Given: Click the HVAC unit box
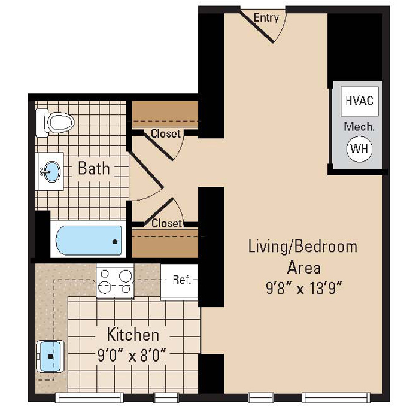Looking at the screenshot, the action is [359, 101].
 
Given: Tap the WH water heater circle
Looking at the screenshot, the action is [359, 149].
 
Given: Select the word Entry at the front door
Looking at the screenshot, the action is [266, 18].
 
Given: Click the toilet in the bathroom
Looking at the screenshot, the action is [55, 123].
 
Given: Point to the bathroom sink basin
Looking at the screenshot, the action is [51, 172].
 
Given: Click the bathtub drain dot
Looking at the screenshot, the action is [115, 242].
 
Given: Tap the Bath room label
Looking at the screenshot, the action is [94, 169].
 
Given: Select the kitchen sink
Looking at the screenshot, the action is [50, 356].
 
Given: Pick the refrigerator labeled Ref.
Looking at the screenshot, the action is [180, 281].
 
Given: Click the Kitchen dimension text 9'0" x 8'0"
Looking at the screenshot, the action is [132, 356].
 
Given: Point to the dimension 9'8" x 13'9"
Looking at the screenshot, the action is [304, 289].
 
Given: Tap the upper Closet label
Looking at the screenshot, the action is [166, 133].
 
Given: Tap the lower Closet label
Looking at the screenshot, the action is [166, 223].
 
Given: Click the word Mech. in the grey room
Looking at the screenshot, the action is [359, 127].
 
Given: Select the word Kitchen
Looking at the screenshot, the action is [133, 334].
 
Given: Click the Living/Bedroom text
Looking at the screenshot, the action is [303, 247].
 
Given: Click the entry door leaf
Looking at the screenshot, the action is [257, 26].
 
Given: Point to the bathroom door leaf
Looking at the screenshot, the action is [146, 170].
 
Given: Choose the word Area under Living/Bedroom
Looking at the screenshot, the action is [304, 268].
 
